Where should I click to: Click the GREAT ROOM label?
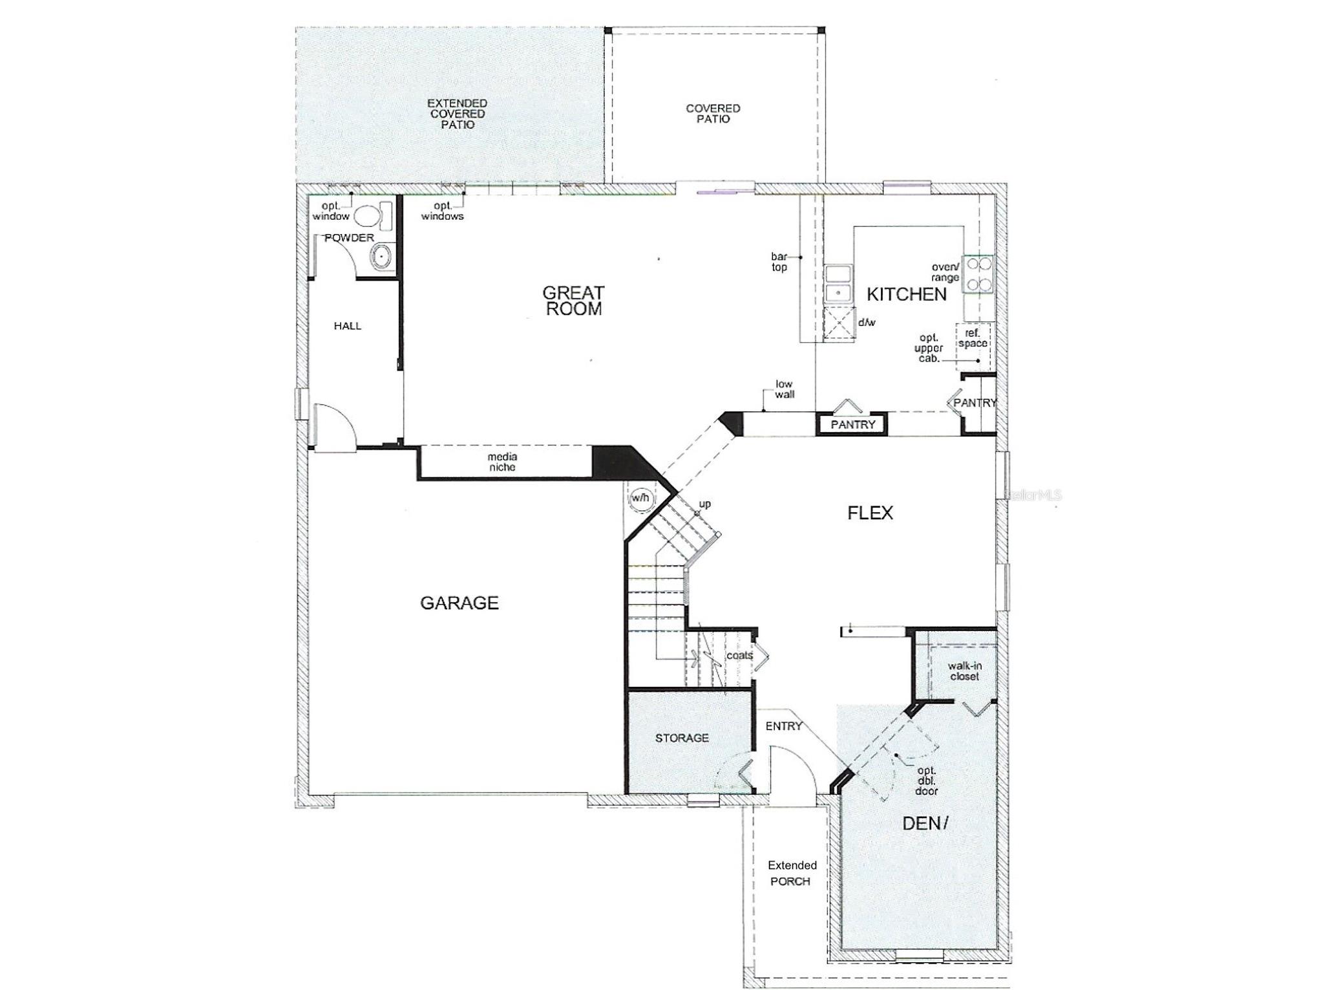(x=573, y=301)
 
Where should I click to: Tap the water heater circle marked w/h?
(x=640, y=499)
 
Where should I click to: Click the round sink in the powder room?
(x=382, y=256)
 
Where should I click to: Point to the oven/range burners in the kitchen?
(x=978, y=274)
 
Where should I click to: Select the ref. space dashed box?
(x=973, y=345)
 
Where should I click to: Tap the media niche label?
(x=502, y=462)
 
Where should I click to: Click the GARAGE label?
(x=459, y=603)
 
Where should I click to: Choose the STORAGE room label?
(x=682, y=738)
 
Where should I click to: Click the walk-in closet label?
(x=964, y=671)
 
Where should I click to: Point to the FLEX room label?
(x=870, y=513)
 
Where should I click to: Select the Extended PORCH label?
(x=792, y=873)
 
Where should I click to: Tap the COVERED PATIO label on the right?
(x=713, y=114)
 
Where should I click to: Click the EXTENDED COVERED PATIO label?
(x=458, y=114)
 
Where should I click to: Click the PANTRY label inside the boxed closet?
(x=852, y=425)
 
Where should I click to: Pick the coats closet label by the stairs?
(x=739, y=656)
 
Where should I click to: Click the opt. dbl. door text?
(x=926, y=780)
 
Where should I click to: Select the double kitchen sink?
(x=838, y=283)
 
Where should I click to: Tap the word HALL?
(x=347, y=326)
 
